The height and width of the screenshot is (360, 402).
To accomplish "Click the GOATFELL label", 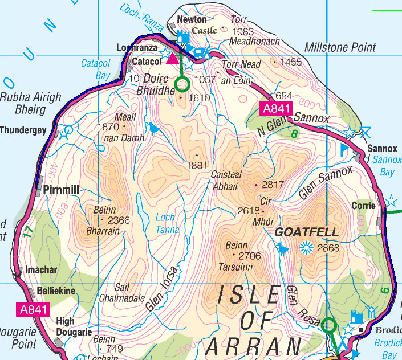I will [x=307, y=232].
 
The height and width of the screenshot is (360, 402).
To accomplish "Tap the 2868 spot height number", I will [x=328, y=248].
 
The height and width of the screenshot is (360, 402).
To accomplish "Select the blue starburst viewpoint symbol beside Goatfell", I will [x=306, y=247].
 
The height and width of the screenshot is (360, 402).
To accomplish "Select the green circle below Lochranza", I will [x=182, y=85].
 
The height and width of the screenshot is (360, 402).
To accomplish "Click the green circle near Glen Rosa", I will [x=328, y=326].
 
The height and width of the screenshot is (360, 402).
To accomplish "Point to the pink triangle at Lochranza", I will [x=172, y=58].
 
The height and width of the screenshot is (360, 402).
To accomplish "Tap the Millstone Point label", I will [x=340, y=48].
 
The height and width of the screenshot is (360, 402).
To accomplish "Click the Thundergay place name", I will [x=23, y=130].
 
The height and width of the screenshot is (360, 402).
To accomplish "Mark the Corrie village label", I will [x=363, y=205].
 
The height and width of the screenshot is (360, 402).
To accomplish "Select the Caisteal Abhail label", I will [x=228, y=179].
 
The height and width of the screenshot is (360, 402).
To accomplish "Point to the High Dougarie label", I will [x=74, y=326].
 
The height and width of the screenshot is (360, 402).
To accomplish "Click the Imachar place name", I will [x=42, y=271].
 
